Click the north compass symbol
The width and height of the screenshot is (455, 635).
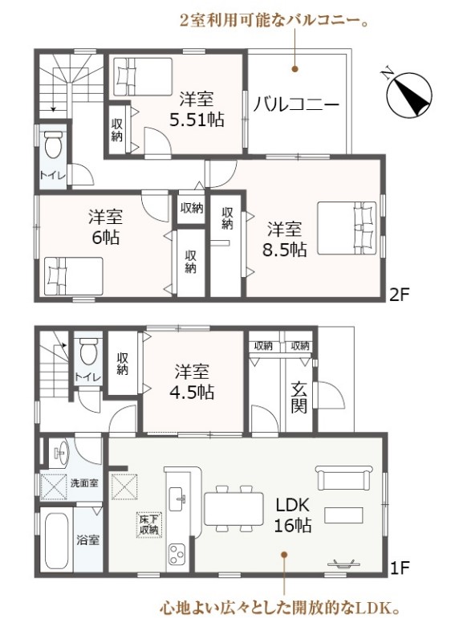(408, 96)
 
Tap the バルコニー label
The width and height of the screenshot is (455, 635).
(296, 105)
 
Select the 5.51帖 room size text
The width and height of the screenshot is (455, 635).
(197, 120)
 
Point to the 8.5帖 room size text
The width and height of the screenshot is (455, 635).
(285, 250)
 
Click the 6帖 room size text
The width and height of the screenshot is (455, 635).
(106, 238)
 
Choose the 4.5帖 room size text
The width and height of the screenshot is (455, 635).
(192, 392)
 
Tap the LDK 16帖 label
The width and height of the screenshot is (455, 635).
(293, 515)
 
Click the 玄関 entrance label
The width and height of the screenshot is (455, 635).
(299, 397)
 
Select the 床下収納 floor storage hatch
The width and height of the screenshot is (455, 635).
(149, 525)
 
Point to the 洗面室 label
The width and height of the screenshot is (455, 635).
(84, 482)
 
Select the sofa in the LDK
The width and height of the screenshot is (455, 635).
(344, 478)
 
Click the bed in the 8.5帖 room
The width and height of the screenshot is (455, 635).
(347, 228)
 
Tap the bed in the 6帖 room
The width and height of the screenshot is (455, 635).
(73, 276)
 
